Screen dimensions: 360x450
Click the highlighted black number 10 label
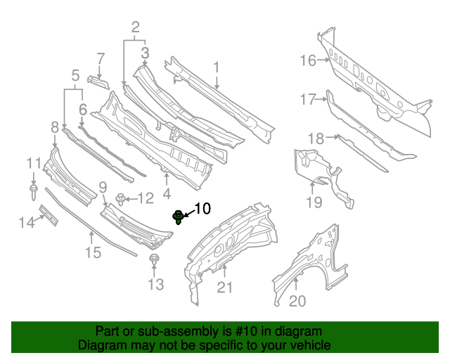click(x=202, y=208)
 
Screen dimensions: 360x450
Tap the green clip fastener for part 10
click(x=179, y=217)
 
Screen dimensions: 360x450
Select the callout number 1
click(x=217, y=67)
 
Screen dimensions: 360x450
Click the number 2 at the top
click(x=135, y=27)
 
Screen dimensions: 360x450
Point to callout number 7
click(x=101, y=58)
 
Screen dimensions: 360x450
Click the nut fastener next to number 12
click(x=121, y=199)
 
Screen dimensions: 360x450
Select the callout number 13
click(x=155, y=284)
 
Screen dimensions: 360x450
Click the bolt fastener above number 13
click(x=154, y=262)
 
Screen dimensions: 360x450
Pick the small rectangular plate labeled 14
click(x=48, y=215)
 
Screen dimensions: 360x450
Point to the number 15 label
click(x=94, y=252)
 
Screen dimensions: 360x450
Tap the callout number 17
click(x=308, y=100)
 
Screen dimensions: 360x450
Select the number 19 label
click(x=314, y=202)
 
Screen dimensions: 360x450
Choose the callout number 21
click(x=224, y=286)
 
